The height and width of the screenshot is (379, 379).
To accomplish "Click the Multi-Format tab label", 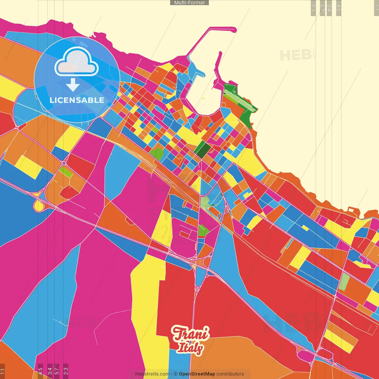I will (189, 3).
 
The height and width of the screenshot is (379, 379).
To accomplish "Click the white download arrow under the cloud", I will (73, 85).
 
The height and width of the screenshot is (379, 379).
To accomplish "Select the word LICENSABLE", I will (77, 100).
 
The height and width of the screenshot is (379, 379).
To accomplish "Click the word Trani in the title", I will (190, 334).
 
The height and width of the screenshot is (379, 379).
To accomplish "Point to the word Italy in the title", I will (190, 348).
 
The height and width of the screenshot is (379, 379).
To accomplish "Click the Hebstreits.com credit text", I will (152, 374).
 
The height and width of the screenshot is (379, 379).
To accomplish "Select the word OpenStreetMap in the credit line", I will (197, 374).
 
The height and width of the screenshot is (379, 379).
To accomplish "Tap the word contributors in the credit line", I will (230, 374).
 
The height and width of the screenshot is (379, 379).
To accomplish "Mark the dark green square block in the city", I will (203, 150).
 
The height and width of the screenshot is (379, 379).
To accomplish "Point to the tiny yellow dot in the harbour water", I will (203, 98).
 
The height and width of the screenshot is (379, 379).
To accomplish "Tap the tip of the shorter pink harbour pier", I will (220, 53).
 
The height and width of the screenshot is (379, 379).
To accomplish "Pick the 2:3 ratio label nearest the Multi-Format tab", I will (313, 8).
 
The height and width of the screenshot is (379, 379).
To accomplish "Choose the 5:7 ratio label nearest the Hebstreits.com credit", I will (57, 371).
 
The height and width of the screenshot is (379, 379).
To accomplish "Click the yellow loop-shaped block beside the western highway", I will (39, 205).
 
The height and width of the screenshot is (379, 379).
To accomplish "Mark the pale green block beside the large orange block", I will (344, 282).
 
